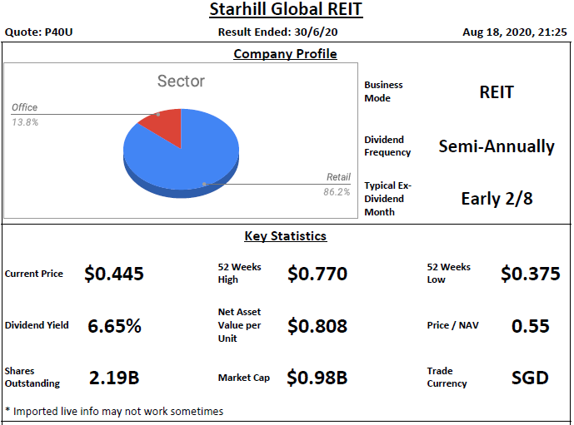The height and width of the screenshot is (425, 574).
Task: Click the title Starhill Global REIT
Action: [x=286, y=11]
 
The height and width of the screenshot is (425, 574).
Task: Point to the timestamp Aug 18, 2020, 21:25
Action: [x=515, y=32]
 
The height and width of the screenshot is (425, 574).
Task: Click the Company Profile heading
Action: [x=285, y=54]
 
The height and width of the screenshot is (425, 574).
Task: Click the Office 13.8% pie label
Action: [x=25, y=115]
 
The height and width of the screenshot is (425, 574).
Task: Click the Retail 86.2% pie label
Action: [x=337, y=184]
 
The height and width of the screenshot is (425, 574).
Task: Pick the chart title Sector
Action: [x=181, y=81]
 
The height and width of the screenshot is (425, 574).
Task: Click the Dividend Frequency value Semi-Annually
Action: [x=497, y=146]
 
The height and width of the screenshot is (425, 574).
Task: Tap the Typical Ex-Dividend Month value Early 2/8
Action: [x=497, y=199]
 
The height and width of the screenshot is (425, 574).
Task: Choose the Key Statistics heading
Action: [x=285, y=236]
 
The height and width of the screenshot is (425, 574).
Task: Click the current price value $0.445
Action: [x=114, y=274]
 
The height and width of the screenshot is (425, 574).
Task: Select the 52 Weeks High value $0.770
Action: [x=317, y=274]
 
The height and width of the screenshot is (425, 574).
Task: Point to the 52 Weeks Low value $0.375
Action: [x=530, y=274]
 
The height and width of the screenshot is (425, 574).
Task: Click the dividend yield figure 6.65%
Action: [x=114, y=326]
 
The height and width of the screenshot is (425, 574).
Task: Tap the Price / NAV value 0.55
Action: [x=530, y=326]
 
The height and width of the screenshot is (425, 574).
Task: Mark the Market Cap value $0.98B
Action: [x=317, y=378]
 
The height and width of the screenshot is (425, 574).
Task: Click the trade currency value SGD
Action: [x=530, y=378]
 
